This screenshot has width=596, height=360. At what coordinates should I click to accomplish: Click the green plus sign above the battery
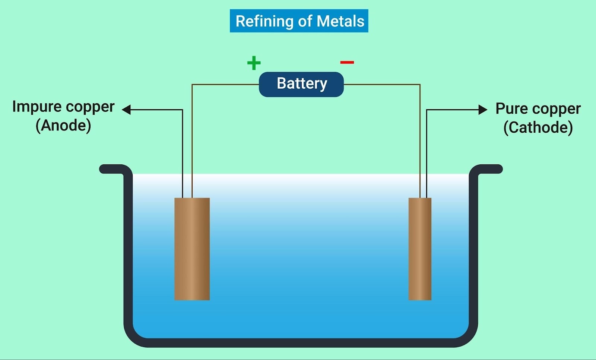[x=254, y=63]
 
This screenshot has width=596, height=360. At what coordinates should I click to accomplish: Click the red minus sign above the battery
[x=347, y=62]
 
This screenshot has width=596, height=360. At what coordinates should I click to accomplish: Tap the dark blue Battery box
[x=301, y=84]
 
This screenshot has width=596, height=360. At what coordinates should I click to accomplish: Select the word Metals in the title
[x=340, y=21]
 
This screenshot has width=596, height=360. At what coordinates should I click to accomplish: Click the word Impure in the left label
[x=37, y=107]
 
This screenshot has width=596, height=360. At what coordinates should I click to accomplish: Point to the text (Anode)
[x=63, y=126]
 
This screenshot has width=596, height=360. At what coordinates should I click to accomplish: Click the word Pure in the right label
[x=511, y=109]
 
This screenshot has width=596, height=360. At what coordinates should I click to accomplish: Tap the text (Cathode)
[x=538, y=128]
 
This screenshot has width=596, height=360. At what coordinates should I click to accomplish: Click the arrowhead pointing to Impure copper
[x=127, y=110]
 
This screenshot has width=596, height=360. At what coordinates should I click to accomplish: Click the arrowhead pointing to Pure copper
[x=483, y=110]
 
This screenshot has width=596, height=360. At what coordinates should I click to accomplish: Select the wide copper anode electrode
[x=192, y=249]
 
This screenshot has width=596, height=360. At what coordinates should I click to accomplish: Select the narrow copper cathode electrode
[x=420, y=249]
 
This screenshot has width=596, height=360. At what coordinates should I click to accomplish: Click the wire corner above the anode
[x=192, y=85]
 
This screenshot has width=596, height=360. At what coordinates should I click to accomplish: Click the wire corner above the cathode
[x=420, y=85]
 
